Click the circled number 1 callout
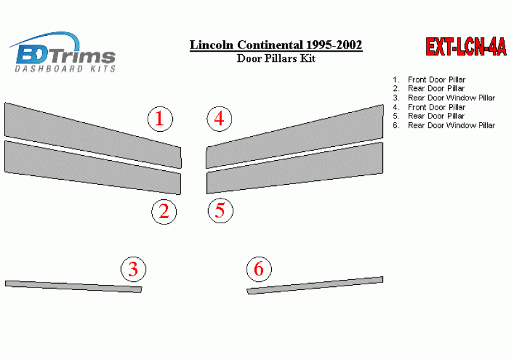160,119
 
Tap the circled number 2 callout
164,212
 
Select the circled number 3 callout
133,269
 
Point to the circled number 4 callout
220,119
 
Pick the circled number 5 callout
221,211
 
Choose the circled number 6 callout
259,269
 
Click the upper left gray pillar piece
93,136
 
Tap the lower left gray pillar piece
93,168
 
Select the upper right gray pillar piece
295,137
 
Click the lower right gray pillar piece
295,168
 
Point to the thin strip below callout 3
74,287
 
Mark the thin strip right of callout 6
315,286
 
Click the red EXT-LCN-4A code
466,47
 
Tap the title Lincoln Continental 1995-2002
276,45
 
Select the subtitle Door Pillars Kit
276,58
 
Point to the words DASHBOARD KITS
65,69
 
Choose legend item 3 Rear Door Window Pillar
444,98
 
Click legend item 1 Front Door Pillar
429,79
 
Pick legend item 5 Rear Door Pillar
428,116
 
